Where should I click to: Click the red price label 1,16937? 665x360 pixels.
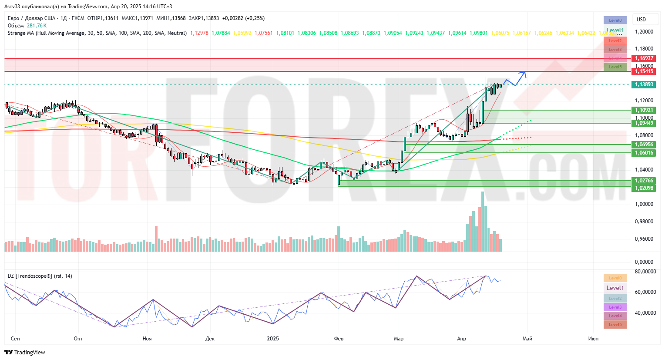(x=644, y=58)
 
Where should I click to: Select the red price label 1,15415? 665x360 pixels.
(x=644, y=71)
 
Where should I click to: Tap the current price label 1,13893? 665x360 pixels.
(x=644, y=84)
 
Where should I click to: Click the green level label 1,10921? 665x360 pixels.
(x=644, y=111)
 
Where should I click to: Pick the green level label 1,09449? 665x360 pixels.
(x=644, y=123)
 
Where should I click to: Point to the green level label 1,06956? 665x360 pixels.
(x=644, y=145)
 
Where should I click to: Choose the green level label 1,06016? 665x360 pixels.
(x=644, y=153)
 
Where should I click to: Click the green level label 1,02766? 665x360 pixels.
(x=644, y=181)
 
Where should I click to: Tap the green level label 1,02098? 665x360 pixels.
(x=644, y=188)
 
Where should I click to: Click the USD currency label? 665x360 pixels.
(x=641, y=20)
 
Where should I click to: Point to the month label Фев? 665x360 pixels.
(x=339, y=339)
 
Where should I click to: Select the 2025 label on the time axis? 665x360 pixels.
(x=273, y=339)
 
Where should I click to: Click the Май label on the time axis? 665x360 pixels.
(x=527, y=339)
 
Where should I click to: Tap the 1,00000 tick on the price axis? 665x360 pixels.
(x=644, y=204)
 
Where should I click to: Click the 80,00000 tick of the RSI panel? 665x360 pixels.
(x=645, y=272)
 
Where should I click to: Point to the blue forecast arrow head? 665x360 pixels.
(x=525, y=73)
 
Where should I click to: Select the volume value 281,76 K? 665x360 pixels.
(x=37, y=26)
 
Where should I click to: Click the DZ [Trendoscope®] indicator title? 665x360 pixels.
(x=40, y=276)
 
